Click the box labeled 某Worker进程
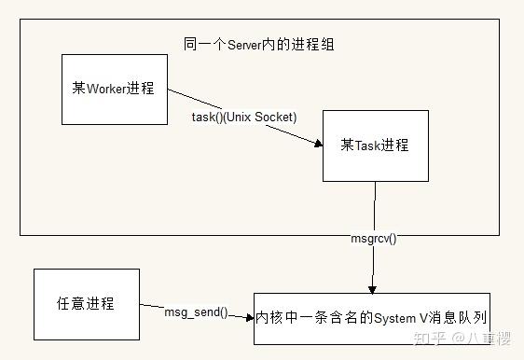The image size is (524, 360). coord(114,90)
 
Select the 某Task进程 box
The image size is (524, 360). coord(376,145)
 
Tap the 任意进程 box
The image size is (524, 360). coord(86,304)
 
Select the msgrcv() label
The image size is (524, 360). coord(373,239)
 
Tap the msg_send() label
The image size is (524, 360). coord(197,312)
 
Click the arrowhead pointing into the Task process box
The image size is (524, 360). coord(317,142)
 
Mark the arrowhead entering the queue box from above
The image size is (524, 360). coord(373,287)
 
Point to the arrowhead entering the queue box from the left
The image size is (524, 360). coord(250,318)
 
